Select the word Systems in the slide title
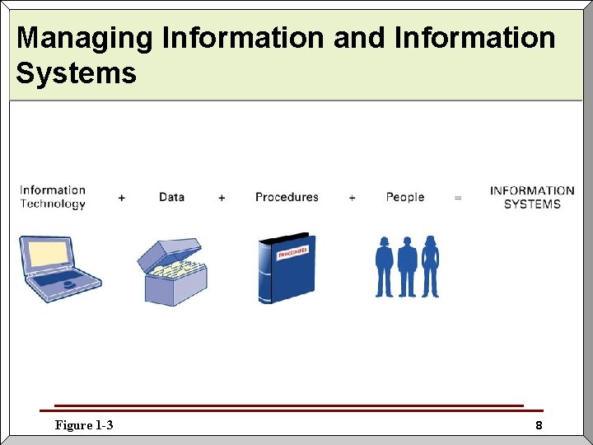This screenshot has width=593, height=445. (76, 73)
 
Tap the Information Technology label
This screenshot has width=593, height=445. (53, 197)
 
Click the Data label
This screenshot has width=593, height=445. (171, 197)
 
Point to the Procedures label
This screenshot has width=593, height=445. (287, 197)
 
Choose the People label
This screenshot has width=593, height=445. (405, 197)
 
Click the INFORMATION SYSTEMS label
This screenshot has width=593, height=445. (532, 197)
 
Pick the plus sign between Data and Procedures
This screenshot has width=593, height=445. (222, 198)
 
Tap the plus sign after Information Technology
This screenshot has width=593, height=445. (122, 198)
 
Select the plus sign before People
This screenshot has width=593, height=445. (353, 198)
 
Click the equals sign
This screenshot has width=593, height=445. (458, 198)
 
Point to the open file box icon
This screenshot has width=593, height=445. (172, 272)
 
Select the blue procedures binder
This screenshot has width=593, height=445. (286, 269)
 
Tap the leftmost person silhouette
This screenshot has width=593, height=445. (385, 266)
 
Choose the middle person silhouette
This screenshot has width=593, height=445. (407, 266)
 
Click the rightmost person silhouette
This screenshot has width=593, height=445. (430, 266)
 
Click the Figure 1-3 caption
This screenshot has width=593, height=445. (84, 425)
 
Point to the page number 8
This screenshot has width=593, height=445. (539, 426)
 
